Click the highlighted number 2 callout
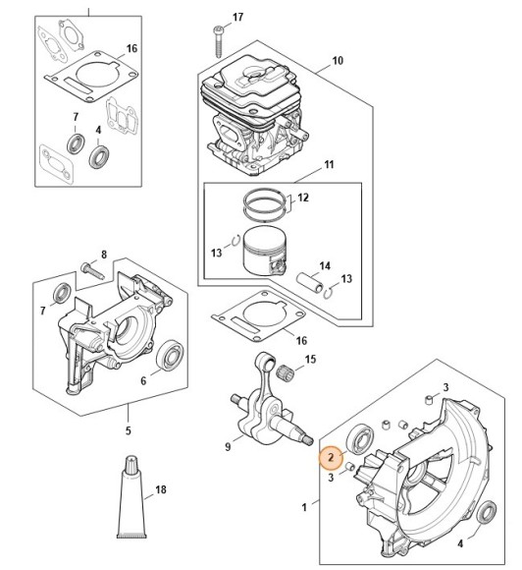click(332, 456)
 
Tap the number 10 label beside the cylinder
click(338, 61)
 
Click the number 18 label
click(162, 488)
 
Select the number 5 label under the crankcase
click(128, 428)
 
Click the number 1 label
click(304, 505)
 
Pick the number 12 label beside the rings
click(303, 198)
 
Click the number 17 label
click(236, 19)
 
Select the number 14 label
click(325, 265)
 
